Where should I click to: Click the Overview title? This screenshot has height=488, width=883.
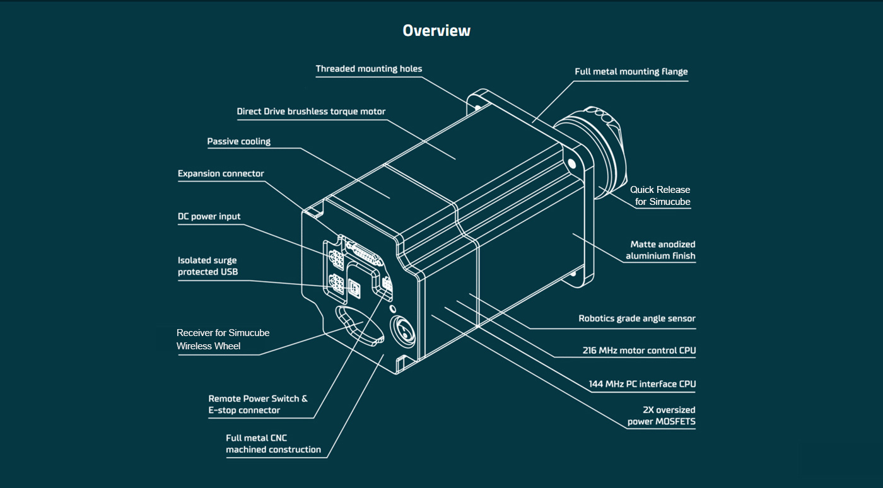point(436,30)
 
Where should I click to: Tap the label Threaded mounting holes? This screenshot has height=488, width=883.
point(369,69)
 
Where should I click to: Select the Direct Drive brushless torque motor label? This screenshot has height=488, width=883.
point(311,112)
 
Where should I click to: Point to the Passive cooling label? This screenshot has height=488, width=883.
point(239,141)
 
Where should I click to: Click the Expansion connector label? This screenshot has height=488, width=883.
point(221,173)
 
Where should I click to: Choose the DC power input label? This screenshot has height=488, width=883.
point(209,216)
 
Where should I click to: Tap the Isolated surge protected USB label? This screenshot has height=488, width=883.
point(208,266)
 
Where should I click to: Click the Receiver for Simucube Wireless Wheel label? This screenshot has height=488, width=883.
point(223,339)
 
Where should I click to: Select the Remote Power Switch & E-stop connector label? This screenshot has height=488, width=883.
point(258,404)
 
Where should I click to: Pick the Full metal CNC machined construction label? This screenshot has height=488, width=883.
point(273,444)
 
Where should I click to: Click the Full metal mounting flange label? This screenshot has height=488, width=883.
point(631,72)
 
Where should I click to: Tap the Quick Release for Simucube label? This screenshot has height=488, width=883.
point(660,195)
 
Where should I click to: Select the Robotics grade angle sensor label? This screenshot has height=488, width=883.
point(637,318)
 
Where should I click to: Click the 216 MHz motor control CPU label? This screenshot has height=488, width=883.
point(639,350)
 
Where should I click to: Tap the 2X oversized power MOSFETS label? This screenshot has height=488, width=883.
point(661,415)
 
